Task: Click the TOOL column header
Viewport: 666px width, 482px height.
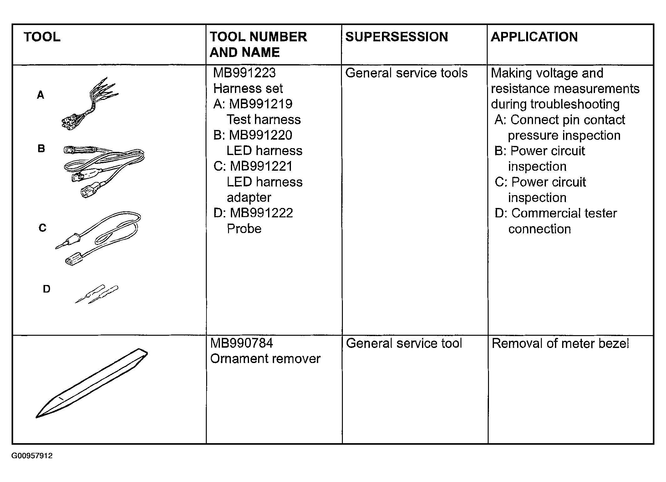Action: click(42, 37)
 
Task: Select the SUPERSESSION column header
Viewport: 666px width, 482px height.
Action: click(396, 37)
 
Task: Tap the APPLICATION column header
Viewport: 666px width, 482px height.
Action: click(534, 37)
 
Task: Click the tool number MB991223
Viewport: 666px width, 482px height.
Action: click(244, 73)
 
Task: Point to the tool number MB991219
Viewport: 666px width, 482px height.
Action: click(261, 104)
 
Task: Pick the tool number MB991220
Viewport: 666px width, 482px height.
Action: click(261, 135)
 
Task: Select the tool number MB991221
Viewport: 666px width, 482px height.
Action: click(261, 166)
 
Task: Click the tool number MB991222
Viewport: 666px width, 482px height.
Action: click(262, 213)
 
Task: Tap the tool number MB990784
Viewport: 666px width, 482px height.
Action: click(241, 343)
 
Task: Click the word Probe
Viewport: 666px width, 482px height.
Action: click(244, 229)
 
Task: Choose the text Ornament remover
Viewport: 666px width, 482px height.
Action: click(265, 359)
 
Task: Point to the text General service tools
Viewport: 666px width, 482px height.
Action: click(406, 73)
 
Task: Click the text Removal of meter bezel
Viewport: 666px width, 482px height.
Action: click(560, 344)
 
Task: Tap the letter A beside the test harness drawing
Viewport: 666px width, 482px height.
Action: click(41, 95)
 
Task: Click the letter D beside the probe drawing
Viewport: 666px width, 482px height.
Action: click(47, 289)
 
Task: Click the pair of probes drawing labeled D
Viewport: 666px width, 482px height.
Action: click(97, 294)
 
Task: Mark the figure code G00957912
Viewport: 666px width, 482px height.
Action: click(32, 456)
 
